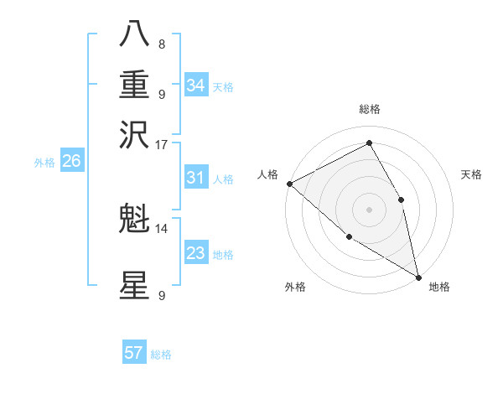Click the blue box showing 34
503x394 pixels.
196,86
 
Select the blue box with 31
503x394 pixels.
196,178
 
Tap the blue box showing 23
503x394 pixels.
196,253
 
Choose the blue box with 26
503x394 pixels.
71,162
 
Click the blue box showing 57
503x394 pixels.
134,353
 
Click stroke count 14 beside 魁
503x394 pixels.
162,228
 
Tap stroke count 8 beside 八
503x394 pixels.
162,44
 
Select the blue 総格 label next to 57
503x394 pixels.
161,355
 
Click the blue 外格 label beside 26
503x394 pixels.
44,163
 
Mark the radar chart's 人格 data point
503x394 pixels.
289,184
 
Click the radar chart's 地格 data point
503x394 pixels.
418,277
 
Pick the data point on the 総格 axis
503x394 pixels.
369,143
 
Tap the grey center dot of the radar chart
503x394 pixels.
369,209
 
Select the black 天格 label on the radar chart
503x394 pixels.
472,174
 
